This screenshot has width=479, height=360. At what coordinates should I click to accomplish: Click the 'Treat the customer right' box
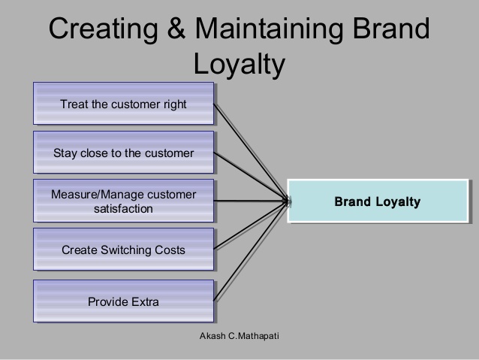coord(123,104)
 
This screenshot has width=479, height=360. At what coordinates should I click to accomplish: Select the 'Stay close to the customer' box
coord(123,153)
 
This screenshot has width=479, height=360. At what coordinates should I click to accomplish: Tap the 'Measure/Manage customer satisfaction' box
coord(123,201)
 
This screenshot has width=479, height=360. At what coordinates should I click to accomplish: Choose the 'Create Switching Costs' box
coord(123,250)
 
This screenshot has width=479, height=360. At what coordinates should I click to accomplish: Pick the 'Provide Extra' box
coord(123,301)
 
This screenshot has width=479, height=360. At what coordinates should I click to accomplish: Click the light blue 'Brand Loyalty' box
coord(378,201)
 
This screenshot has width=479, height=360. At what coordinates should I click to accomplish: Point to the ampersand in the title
coord(176,28)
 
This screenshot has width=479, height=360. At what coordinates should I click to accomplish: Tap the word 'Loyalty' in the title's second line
coord(239,64)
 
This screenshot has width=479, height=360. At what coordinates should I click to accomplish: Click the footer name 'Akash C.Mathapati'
coord(239,336)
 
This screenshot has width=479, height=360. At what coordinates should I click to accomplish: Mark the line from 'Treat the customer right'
coord(251,153)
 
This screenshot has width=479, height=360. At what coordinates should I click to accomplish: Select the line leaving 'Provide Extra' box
coord(251,252)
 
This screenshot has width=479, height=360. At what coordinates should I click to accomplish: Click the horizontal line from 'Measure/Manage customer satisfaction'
coord(251,201)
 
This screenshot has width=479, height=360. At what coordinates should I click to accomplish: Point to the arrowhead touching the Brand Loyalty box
coord(286,201)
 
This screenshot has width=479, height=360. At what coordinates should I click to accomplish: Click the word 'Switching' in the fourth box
coord(126,250)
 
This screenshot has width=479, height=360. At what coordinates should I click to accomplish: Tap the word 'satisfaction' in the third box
coord(123,209)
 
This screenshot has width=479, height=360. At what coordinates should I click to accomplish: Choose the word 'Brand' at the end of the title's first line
coord(391,28)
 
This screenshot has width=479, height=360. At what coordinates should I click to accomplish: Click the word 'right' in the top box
coord(175,104)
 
